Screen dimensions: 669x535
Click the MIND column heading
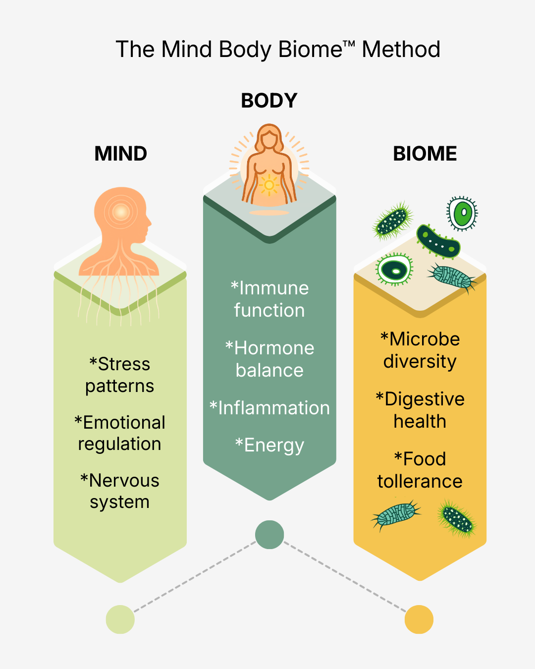tap(120, 154)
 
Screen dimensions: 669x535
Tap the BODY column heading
tap(269, 101)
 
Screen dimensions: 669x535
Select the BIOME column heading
tap(425, 154)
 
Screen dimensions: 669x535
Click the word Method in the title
tap(401, 50)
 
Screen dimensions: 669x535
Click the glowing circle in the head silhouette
tap(120, 212)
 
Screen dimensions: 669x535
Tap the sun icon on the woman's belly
tap(269, 185)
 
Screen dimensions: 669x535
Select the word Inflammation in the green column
tap(274, 408)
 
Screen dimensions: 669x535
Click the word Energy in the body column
tap(274, 445)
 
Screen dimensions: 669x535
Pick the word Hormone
tap(274, 348)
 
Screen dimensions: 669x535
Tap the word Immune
tap(274, 288)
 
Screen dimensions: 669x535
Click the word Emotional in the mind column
tap(124, 422)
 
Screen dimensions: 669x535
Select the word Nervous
tap(124, 480)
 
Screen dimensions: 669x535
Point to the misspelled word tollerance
tap(420, 481)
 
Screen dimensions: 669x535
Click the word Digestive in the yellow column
tap(425, 399)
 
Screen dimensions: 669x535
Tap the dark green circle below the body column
tap(269, 535)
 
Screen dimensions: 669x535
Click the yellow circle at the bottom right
tap(419, 619)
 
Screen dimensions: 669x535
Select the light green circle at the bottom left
tap(120, 619)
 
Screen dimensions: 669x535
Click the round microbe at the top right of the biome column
tap(462, 214)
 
